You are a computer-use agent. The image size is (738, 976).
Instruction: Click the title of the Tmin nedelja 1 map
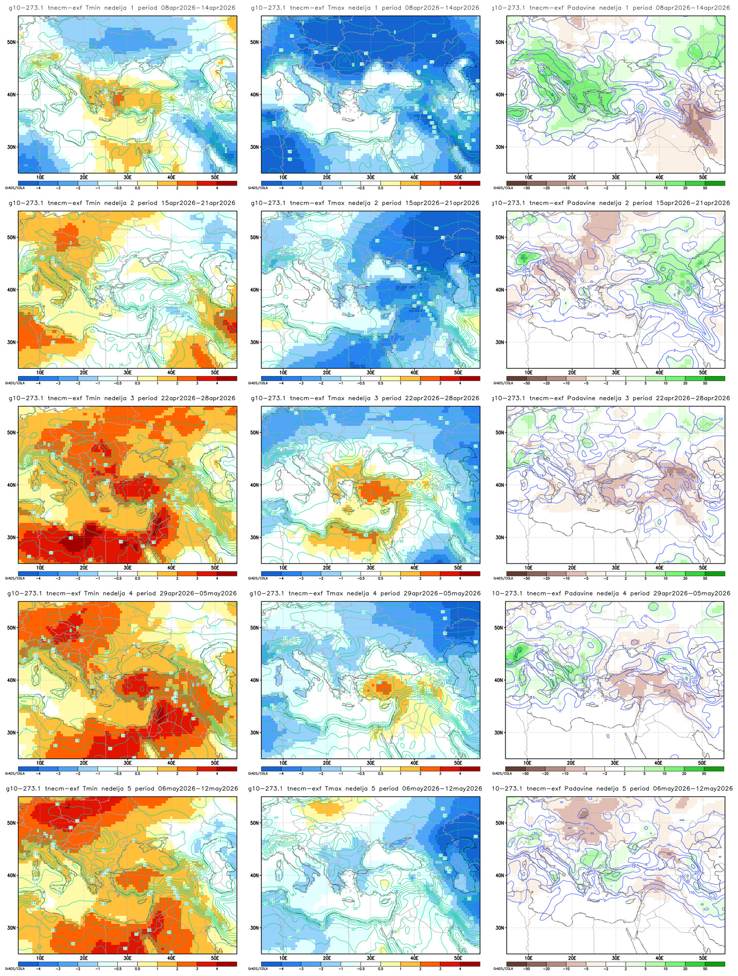click(x=123, y=8)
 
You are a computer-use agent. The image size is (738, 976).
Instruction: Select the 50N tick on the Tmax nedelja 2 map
click(x=254, y=237)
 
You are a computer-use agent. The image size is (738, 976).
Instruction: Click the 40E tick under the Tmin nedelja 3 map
click(x=171, y=567)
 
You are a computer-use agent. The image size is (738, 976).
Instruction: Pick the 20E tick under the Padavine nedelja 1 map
click(x=571, y=177)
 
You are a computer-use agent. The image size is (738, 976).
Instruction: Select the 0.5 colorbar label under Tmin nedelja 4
click(x=138, y=774)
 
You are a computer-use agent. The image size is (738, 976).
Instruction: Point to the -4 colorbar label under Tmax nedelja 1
click(x=281, y=188)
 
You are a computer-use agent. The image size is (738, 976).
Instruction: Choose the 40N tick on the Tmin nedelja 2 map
click(x=11, y=289)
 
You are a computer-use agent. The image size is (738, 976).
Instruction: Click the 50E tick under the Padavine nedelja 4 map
click(x=701, y=762)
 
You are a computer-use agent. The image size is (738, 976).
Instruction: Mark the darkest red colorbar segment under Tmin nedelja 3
click(x=227, y=573)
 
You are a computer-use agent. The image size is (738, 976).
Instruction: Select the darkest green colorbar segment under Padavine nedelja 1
click(x=715, y=182)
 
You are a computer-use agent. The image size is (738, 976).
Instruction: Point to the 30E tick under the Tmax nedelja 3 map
click(x=370, y=567)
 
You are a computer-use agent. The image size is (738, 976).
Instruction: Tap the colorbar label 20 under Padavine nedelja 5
click(x=684, y=969)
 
